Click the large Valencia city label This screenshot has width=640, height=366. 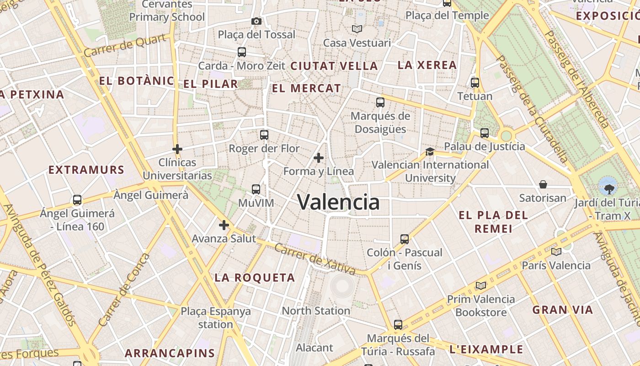(338, 202)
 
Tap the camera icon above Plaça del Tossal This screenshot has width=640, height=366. (256, 21)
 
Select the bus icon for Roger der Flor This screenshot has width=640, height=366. (264, 135)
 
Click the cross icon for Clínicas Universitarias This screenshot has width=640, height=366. (177, 149)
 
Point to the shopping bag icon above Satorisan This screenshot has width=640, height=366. (543, 184)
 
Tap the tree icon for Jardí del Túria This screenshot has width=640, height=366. (608, 188)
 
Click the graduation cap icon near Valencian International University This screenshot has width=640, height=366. (430, 151)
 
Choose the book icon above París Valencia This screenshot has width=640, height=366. (556, 252)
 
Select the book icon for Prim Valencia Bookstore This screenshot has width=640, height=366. (480, 286)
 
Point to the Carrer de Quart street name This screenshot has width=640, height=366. (125, 46)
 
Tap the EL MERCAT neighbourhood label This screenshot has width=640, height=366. (306, 88)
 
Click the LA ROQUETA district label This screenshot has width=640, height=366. (255, 277)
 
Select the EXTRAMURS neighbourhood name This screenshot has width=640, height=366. (86, 170)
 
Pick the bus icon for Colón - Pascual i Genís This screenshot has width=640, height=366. (404, 239)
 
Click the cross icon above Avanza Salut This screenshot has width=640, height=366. (224, 225)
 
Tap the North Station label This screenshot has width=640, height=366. (315, 311)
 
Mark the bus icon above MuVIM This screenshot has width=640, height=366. (256, 189)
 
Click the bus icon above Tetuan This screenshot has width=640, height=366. (475, 83)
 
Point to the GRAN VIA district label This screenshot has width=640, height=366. (562, 310)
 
